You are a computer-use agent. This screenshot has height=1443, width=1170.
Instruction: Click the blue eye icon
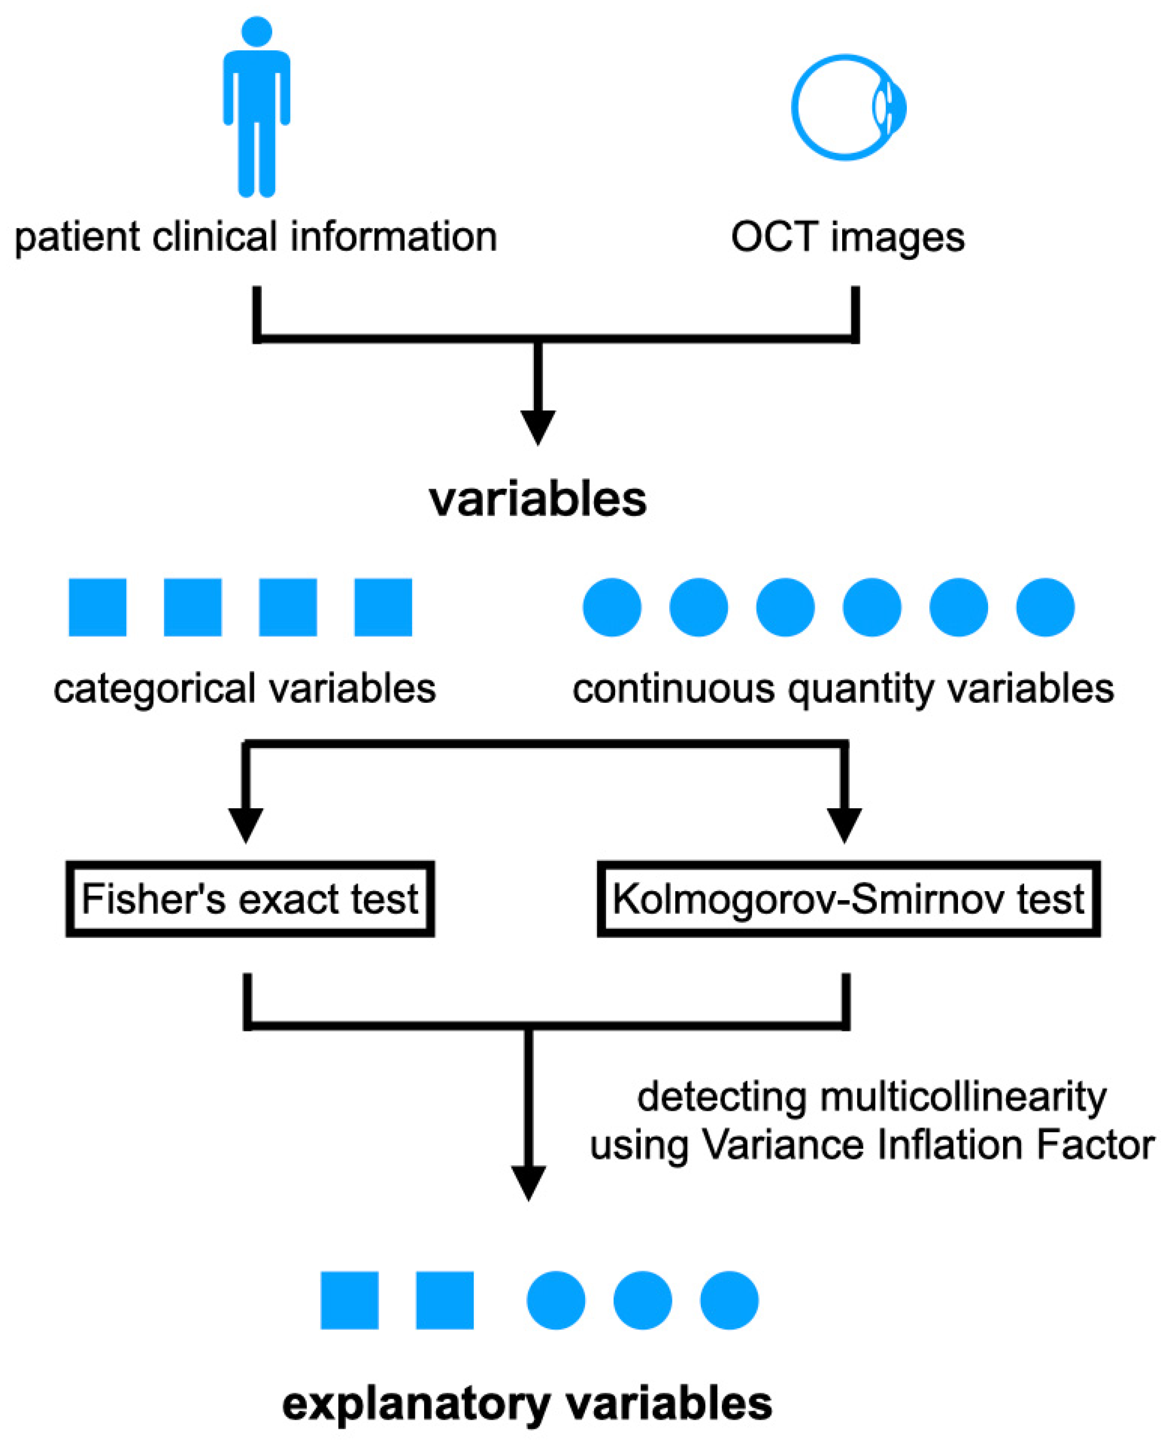click(x=848, y=107)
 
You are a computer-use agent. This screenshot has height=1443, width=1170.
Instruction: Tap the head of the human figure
click(x=256, y=31)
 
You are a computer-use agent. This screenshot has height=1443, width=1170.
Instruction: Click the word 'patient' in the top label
click(x=76, y=238)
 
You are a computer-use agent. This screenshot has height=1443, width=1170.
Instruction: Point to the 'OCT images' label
click(x=847, y=238)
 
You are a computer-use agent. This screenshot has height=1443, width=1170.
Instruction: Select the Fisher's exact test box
click(x=249, y=898)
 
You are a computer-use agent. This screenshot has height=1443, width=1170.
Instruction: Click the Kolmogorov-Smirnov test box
click(x=848, y=898)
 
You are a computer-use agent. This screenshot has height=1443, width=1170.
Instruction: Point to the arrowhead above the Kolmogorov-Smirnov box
click(x=844, y=824)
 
